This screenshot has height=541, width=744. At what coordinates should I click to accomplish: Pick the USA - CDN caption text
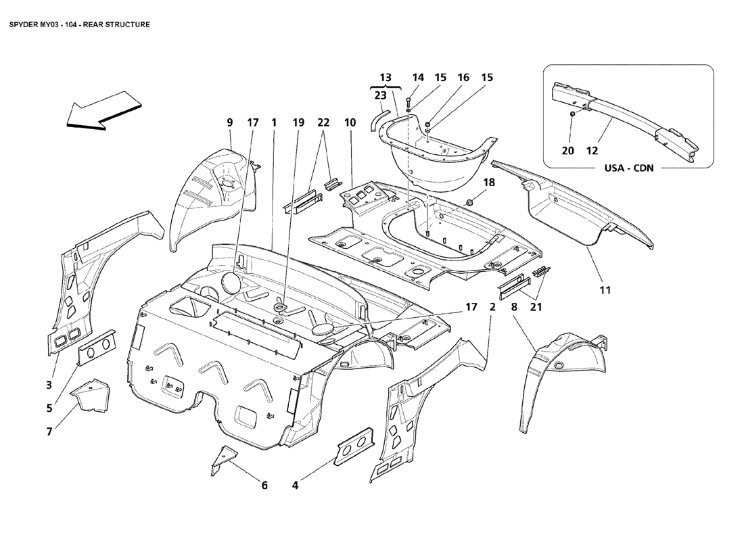tap(628, 168)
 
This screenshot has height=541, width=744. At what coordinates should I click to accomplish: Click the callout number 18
tap(489, 183)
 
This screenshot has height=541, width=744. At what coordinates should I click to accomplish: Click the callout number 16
tap(463, 78)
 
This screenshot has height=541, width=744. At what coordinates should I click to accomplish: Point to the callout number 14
tap(418, 78)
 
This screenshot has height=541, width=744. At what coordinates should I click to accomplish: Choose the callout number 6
tap(264, 485)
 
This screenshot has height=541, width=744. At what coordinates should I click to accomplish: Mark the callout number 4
tap(296, 485)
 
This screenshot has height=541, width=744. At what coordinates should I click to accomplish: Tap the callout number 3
tap(49, 385)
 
